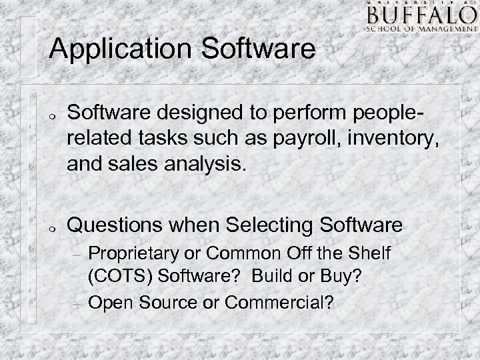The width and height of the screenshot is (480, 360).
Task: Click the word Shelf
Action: [369, 253]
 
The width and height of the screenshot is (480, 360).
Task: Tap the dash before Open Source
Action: [76, 303]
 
